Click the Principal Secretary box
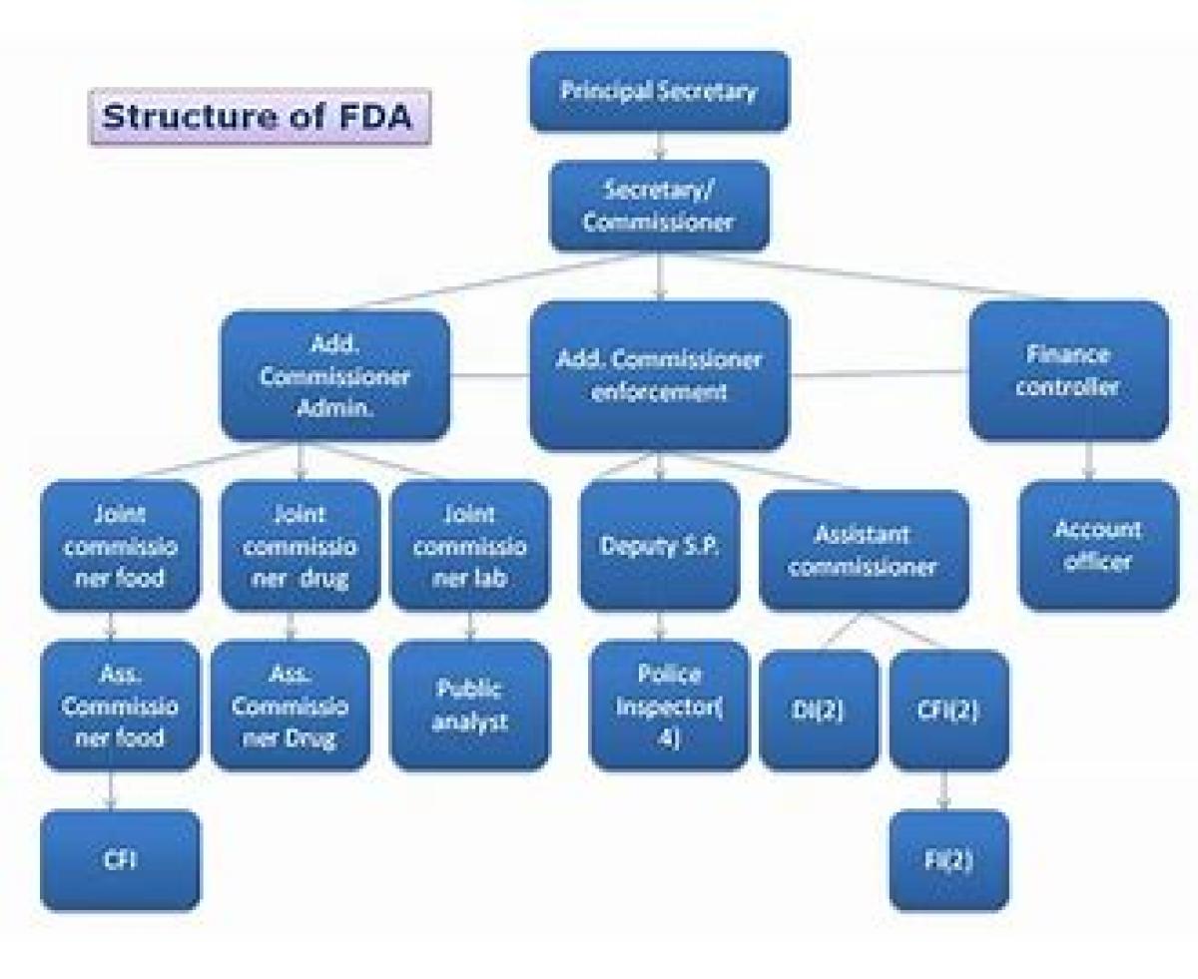tap(659, 92)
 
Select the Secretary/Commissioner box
tap(659, 206)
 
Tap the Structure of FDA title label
tap(260, 117)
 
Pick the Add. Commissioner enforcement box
tap(659, 375)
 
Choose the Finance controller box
tap(1068, 370)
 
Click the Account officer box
tap(1097, 545)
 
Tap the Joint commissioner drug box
tap(299, 545)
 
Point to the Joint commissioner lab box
tap(469, 545)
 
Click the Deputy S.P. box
tap(659, 545)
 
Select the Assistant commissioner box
tap(864, 550)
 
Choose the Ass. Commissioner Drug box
tap(290, 705)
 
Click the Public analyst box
tap(469, 705)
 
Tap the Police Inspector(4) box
tap(669, 705)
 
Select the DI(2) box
tap(819, 710)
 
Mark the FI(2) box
tap(948, 859)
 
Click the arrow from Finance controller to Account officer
tap(1089, 460)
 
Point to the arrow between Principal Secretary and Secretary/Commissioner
tap(659, 147)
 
